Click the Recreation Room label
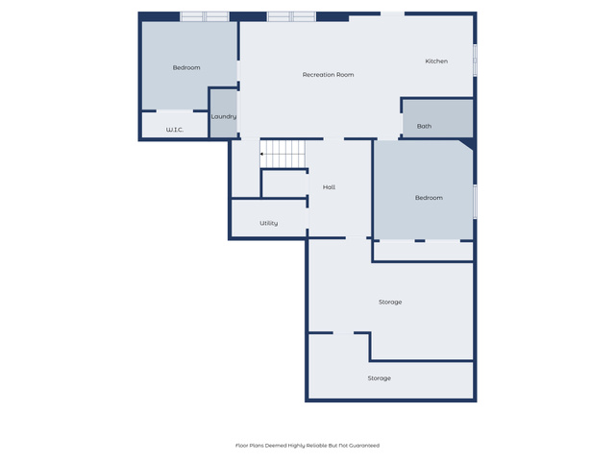tap(328, 75)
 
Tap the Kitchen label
tap(436, 61)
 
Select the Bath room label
tap(424, 126)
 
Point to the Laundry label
tap(224, 117)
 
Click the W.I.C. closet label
tap(175, 130)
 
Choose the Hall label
tap(329, 187)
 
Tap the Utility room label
tap(269, 223)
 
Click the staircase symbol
tap(283, 154)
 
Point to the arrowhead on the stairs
tap(261, 154)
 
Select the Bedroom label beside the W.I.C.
tap(186, 68)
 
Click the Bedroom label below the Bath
tap(429, 198)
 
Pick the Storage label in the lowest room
tap(379, 378)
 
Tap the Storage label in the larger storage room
tap(390, 303)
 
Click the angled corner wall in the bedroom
tap(468, 144)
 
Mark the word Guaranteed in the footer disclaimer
tap(364, 446)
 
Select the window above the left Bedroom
tap(205, 16)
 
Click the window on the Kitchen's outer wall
tap(475, 61)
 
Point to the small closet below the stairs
tap(284, 183)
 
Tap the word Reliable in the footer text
tap(316, 446)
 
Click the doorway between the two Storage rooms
tap(343, 333)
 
